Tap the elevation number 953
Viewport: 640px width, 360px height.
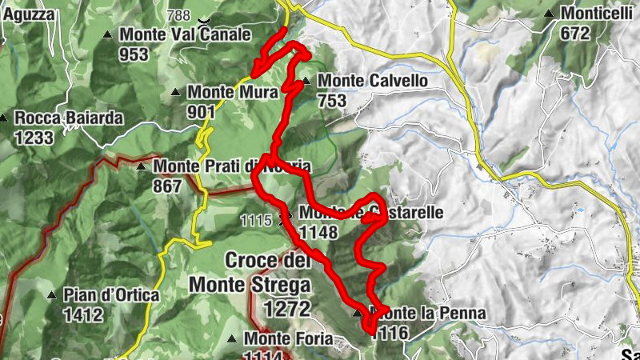click(x=134, y=54)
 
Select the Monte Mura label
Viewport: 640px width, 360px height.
click(x=232, y=91)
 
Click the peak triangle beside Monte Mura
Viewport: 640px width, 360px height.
click(x=176, y=92)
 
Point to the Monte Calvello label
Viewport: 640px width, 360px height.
click(x=372, y=81)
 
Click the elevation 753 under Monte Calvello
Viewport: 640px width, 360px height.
click(x=331, y=100)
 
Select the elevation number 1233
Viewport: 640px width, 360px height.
click(x=34, y=137)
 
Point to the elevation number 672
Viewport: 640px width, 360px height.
click(x=574, y=33)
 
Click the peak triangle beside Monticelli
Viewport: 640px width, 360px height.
click(x=549, y=14)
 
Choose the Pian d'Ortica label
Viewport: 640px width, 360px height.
click(x=112, y=294)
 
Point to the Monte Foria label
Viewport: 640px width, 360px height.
click(x=288, y=338)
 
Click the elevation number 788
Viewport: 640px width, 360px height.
click(x=181, y=14)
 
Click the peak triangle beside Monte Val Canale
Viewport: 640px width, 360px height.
click(x=109, y=34)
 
